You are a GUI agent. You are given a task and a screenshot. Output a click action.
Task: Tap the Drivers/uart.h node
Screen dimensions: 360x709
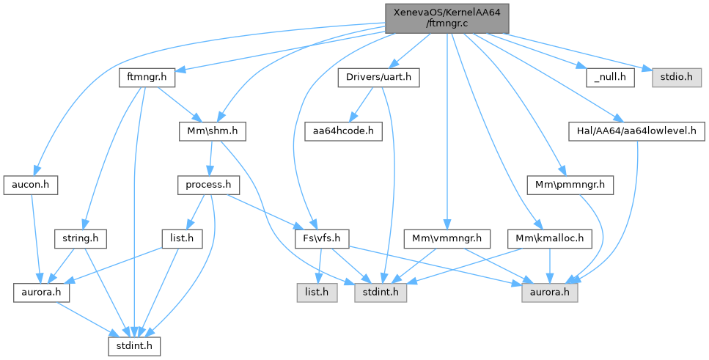[x=378, y=76]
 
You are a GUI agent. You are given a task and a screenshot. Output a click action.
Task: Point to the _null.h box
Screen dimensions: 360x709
[x=609, y=76]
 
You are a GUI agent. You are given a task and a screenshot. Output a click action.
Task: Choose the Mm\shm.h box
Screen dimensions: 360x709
[x=212, y=131]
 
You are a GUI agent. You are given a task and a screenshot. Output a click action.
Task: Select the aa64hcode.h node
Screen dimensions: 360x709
[x=339, y=131]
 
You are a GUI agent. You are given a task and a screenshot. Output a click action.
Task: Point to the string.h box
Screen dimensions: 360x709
[x=81, y=238]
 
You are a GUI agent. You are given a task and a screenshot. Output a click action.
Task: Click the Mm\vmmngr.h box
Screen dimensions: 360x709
[x=447, y=238]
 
